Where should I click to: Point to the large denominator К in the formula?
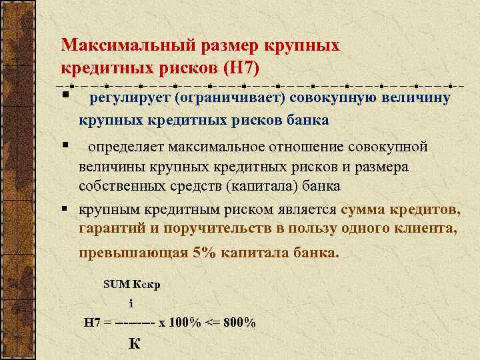coord(134,344)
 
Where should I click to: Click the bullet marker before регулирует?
coord(66,99)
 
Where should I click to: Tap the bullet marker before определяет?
coord(66,145)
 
